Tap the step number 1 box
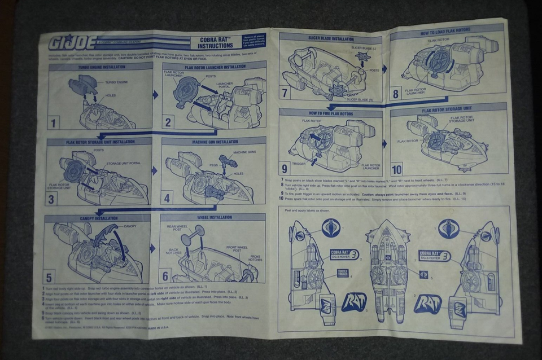pyautogui.click(x=55, y=122)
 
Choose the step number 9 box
pyautogui.click(x=285, y=168)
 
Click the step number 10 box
pyautogui.click(x=397, y=169)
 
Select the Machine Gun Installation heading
pyautogui.click(x=215, y=142)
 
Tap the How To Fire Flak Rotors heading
pyautogui.click(x=331, y=113)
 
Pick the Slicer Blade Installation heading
pyautogui.click(x=331, y=39)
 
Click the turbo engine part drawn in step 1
pyautogui.click(x=83, y=86)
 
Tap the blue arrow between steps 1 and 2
pyautogui.click(x=156, y=95)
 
